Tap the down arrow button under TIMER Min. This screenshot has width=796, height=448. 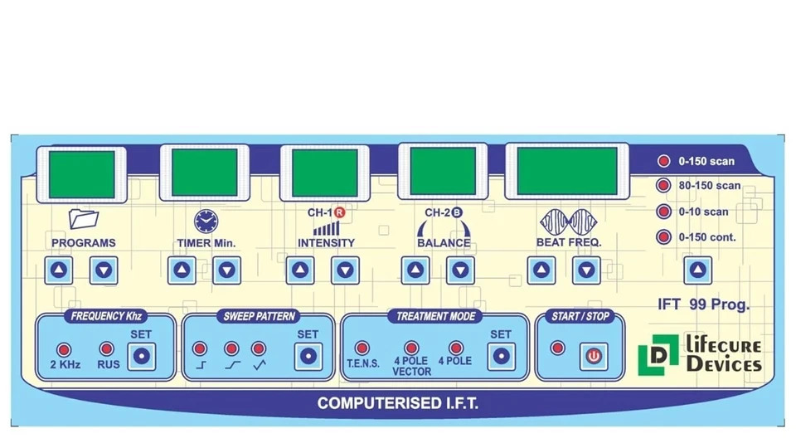(226, 270)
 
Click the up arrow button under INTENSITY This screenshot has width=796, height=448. (300, 270)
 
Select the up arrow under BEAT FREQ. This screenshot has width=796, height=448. (541, 270)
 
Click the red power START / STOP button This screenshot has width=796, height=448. (594, 356)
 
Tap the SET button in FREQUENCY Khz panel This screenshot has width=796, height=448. (141, 356)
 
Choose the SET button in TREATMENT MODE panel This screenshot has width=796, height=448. (501, 356)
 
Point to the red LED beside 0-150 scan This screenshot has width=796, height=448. (663, 161)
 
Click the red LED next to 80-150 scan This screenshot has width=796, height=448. (663, 185)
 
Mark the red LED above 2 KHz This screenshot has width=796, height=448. (64, 349)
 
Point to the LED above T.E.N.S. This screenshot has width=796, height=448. (362, 348)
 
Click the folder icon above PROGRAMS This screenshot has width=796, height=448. (83, 219)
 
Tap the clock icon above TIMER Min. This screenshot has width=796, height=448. (206, 222)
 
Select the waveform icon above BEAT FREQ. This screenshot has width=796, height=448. (569, 222)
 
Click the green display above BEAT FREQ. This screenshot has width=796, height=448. (567, 171)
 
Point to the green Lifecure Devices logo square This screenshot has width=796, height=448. (658, 355)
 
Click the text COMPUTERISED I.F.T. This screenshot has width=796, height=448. (398, 403)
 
